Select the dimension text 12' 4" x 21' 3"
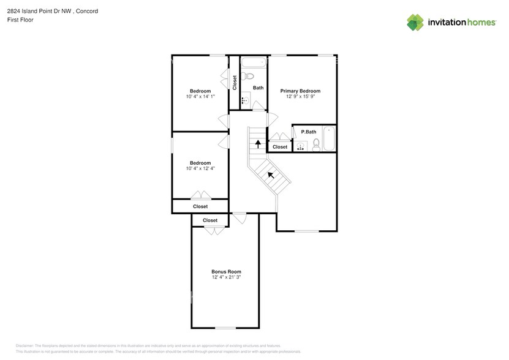(x=226, y=277)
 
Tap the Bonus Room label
(x=226, y=271)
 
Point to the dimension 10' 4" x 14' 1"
(x=200, y=97)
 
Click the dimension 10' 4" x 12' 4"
(x=200, y=168)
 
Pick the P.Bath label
(x=308, y=132)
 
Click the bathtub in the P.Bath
(x=328, y=140)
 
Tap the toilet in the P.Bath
(x=316, y=144)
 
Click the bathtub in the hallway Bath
(x=252, y=62)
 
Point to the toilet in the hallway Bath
(x=247, y=76)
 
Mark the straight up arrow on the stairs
(x=258, y=144)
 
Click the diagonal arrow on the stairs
(x=270, y=175)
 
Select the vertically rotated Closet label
(x=234, y=83)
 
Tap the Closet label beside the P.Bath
(x=280, y=147)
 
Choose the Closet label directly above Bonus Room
(x=209, y=220)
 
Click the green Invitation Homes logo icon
(x=415, y=22)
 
